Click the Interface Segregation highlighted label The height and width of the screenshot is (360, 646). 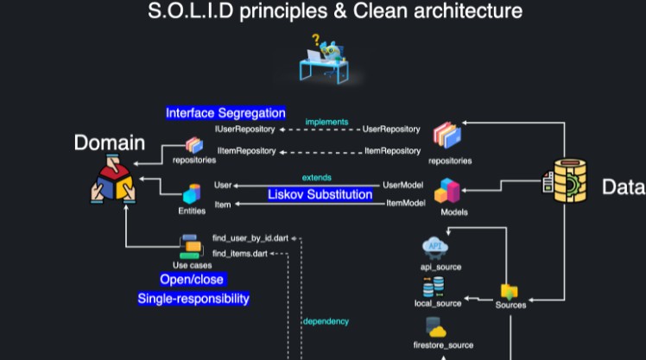tap(225, 113)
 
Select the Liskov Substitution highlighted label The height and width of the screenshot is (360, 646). tap(320, 194)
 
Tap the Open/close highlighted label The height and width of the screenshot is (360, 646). tap(192, 280)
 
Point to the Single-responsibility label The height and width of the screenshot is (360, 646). tap(193, 299)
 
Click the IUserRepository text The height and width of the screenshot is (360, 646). tap(244, 129)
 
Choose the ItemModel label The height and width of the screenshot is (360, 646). tap(404, 202)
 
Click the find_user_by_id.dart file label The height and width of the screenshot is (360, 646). tap(256, 237)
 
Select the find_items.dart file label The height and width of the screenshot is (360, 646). tap(240, 253)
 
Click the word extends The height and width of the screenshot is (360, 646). tap(316, 177)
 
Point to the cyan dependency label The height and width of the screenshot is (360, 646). tap(326, 321)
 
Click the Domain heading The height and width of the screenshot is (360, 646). tap(110, 143)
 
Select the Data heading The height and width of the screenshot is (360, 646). tap(622, 186)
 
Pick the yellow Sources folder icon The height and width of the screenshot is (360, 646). tap(510, 292)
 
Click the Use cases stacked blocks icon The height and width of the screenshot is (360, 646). tap(190, 247)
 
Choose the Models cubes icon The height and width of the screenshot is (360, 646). tap(449, 191)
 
